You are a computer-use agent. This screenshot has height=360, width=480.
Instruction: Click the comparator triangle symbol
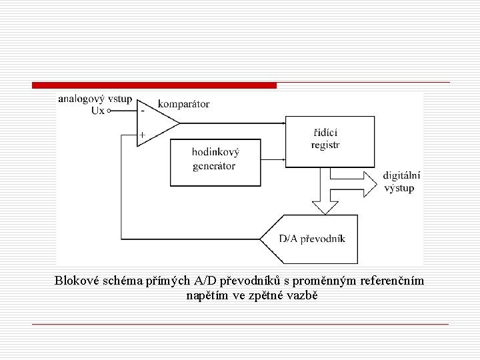click(x=155, y=123)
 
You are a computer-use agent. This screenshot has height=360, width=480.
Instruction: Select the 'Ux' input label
click(x=97, y=111)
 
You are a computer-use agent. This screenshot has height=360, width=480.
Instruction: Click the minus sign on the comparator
click(x=142, y=111)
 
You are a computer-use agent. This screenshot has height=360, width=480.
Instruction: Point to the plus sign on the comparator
click(x=142, y=135)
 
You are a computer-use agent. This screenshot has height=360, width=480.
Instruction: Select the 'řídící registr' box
click(x=328, y=142)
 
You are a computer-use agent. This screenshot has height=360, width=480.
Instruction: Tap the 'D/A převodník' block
click(x=312, y=239)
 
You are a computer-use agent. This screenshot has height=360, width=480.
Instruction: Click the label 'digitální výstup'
click(x=402, y=182)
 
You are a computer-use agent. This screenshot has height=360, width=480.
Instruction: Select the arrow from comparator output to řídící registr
click(x=233, y=123)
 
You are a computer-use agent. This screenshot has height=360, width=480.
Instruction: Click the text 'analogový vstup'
click(x=95, y=99)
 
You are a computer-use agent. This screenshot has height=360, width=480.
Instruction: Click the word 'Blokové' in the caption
click(x=77, y=281)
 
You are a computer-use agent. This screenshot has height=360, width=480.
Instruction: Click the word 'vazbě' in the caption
click(x=303, y=295)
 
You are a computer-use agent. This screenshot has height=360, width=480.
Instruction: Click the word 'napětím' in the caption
click(x=206, y=295)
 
